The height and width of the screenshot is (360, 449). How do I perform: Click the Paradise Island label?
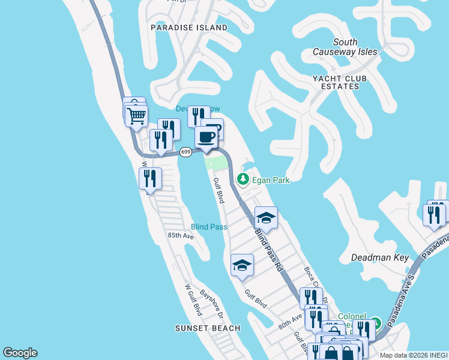189,28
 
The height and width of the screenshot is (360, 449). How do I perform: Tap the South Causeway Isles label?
345,47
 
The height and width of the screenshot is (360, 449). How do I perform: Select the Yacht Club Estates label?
339,82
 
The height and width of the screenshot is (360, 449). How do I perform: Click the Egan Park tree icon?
243,179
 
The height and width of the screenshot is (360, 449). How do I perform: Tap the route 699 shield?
185,153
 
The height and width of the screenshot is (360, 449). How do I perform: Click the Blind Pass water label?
209,227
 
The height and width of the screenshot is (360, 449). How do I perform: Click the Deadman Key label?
379,257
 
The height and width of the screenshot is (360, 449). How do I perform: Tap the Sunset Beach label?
208,328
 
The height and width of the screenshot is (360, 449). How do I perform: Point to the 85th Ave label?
181,236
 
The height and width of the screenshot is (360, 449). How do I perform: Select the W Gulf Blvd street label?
193,299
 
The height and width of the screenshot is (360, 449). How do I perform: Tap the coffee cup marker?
206,136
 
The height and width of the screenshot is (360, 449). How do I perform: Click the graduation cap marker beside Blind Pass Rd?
266,217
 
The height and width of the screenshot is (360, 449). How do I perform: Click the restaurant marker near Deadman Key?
434,214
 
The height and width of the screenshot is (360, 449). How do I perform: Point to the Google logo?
20,353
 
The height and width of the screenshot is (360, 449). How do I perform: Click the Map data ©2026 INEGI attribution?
414,355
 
